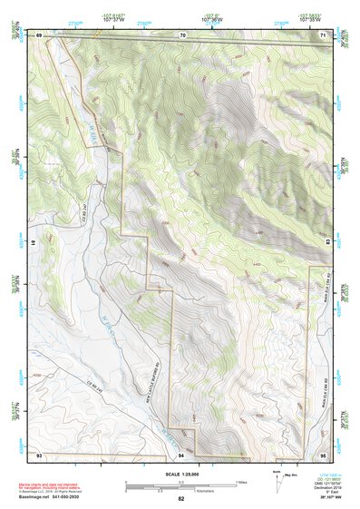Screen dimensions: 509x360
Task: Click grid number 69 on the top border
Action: (x=39, y=34)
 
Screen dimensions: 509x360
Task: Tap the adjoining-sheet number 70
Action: (x=182, y=34)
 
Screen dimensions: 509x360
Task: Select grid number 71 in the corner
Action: (x=324, y=34)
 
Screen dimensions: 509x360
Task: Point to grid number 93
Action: (x=39, y=454)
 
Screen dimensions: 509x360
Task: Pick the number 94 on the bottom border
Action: (x=181, y=454)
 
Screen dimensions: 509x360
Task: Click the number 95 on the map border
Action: (x=324, y=454)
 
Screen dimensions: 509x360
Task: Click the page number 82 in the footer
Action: (x=181, y=499)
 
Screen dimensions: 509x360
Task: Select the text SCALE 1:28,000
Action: (x=181, y=475)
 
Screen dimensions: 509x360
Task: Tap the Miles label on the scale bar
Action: (x=240, y=482)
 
